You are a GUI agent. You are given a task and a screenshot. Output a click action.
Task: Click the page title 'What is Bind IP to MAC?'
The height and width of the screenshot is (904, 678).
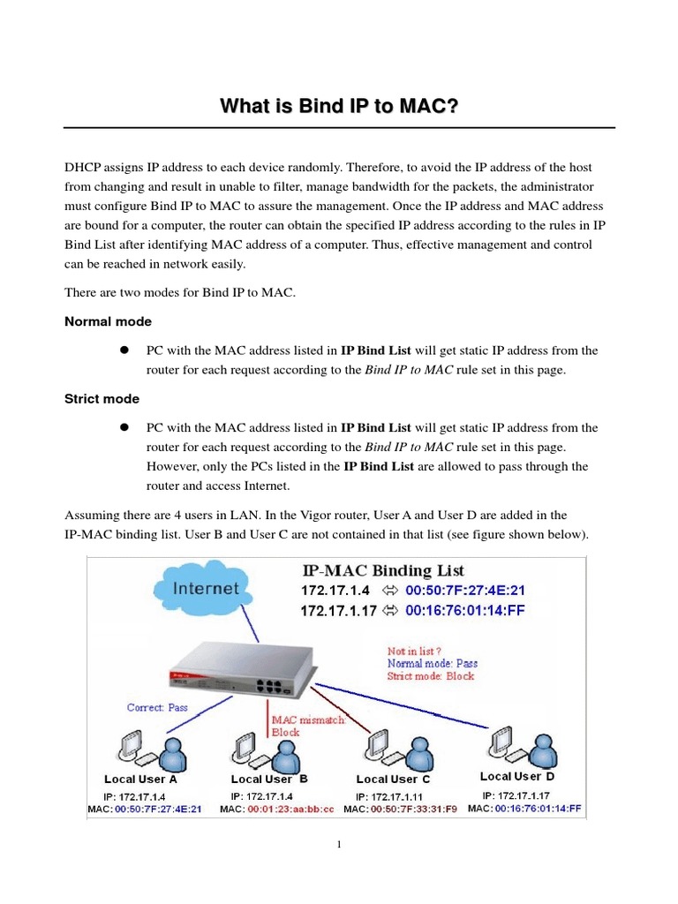339,107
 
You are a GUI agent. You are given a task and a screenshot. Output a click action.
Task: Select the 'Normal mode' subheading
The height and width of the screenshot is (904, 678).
108,321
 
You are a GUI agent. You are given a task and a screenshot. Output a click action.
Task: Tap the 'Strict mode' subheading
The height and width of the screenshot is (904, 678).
102,399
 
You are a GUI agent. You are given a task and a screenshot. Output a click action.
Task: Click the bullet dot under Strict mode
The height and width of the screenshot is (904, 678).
125,428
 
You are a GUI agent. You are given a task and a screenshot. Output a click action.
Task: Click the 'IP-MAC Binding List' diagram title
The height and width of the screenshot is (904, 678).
382,570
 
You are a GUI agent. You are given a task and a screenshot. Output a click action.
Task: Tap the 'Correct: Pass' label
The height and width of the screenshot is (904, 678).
156,707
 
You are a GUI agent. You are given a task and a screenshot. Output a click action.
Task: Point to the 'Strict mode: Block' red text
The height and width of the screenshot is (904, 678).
430,676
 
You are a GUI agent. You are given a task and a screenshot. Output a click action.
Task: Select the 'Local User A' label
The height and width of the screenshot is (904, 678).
140,780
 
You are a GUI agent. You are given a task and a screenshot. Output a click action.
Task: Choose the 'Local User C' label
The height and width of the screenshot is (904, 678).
393,780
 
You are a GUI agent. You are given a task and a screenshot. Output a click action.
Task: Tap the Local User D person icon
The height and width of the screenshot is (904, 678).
531,750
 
